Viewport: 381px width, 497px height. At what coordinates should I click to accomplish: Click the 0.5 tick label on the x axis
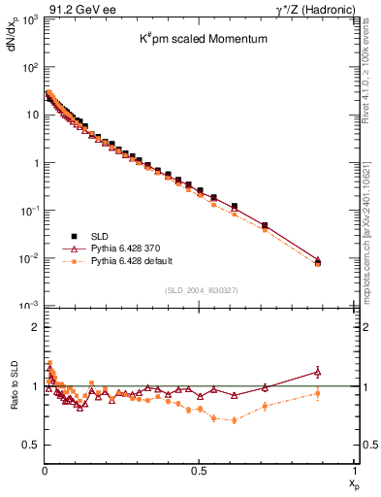click(x=198, y=471)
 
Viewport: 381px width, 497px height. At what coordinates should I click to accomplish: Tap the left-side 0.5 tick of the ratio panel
click(x=30, y=446)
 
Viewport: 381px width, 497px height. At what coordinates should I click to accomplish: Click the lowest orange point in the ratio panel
click(x=234, y=420)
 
